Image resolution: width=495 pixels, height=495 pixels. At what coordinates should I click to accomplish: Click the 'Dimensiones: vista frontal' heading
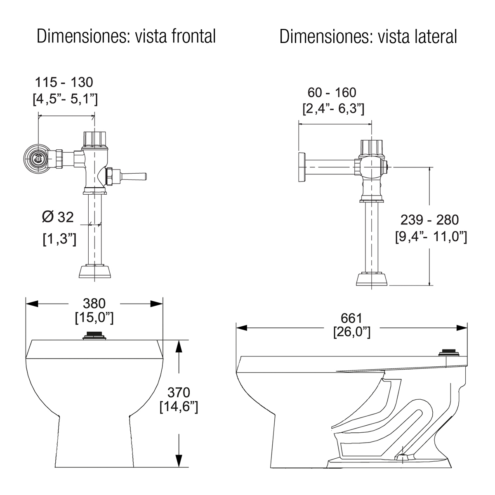126,36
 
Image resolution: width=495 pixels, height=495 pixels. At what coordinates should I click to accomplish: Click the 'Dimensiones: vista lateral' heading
368,36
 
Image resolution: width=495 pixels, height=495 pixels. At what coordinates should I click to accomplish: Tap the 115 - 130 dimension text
64,82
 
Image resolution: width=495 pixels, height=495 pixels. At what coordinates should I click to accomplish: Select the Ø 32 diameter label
58,217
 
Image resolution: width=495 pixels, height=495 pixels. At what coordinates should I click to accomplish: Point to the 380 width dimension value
94,304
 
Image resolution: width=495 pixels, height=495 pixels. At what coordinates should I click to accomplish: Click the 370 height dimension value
179,392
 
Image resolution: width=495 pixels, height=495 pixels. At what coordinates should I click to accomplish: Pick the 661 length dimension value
351,318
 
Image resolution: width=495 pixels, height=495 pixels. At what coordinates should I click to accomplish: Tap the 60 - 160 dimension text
332,92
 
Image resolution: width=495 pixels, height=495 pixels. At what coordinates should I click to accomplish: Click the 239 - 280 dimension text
430,220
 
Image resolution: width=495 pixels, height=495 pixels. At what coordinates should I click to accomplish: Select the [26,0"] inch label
351,332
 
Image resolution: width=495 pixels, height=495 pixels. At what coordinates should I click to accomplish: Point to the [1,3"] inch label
59,239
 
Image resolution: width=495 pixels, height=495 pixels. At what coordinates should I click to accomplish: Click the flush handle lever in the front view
134,177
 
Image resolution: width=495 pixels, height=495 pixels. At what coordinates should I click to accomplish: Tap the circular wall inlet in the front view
38,158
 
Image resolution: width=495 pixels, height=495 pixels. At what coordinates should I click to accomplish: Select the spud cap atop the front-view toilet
95,336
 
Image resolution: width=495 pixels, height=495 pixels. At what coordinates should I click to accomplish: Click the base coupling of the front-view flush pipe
95,271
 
